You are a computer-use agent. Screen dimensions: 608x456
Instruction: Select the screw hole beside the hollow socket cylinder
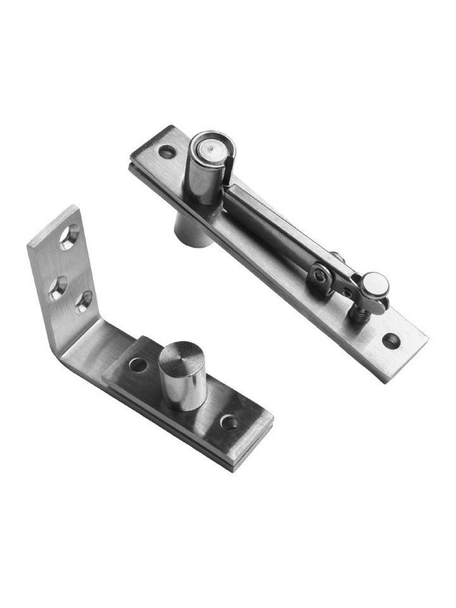point(167,152)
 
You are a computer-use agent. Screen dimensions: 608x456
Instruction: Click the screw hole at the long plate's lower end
point(391,341)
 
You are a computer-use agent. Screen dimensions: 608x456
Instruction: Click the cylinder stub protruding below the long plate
point(193,233)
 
